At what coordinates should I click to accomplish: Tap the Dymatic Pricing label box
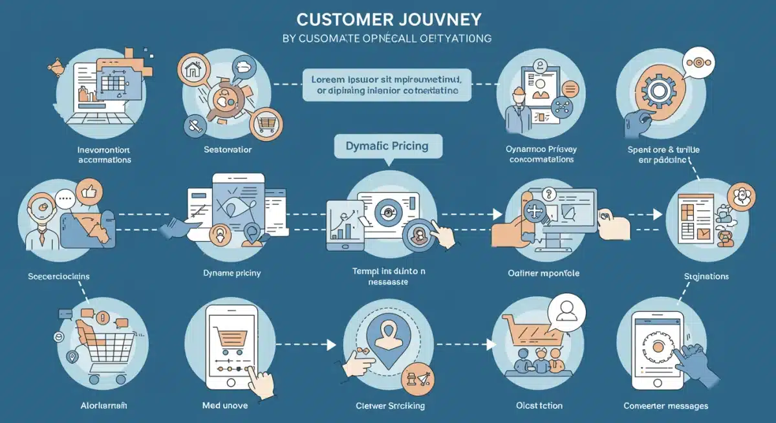388,146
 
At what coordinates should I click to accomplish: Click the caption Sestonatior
226,150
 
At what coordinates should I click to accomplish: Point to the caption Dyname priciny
228,273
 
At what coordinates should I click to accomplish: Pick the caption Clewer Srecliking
390,406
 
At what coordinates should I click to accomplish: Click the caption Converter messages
665,406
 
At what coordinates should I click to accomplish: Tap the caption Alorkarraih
99,406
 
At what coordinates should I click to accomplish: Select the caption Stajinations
706,276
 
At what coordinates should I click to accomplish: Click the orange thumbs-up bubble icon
87,192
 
